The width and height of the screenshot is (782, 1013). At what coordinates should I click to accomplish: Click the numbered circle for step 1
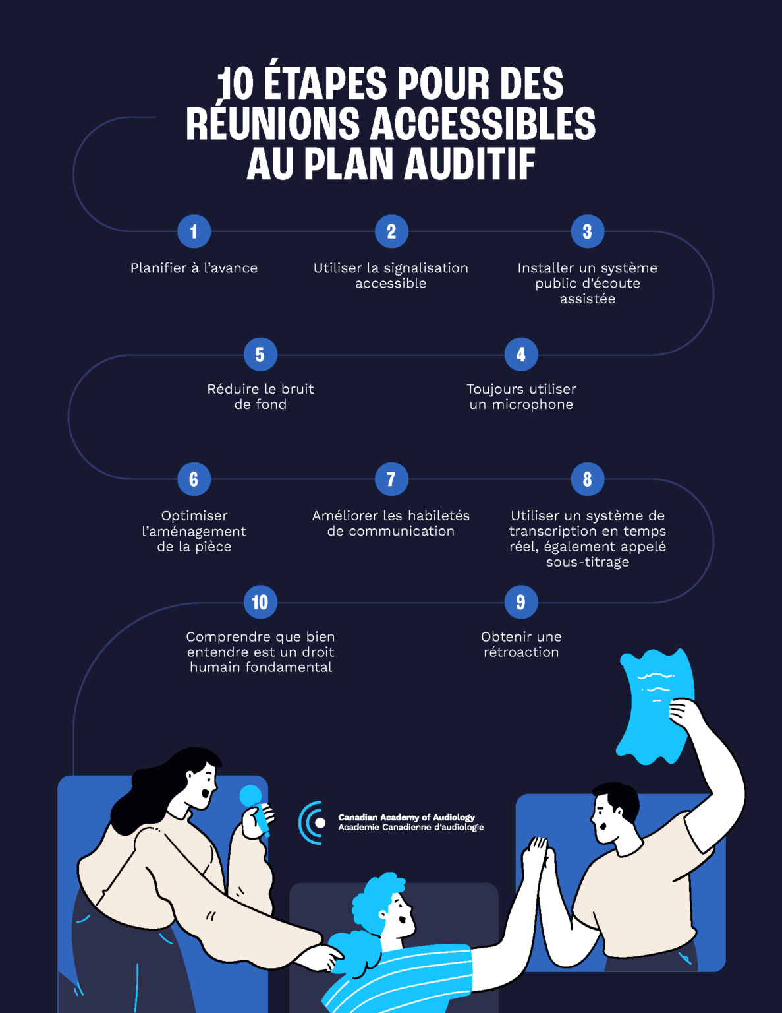pyautogui.click(x=194, y=231)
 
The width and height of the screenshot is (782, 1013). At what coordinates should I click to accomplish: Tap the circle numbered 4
pyautogui.click(x=521, y=354)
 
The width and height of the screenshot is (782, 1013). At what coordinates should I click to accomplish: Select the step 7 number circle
pyautogui.click(x=391, y=479)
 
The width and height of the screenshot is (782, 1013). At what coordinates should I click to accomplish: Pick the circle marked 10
pyautogui.click(x=260, y=602)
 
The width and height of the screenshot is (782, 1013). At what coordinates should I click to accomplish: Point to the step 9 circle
pyautogui.click(x=521, y=602)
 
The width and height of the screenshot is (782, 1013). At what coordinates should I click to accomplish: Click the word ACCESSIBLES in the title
pyautogui.click(x=483, y=123)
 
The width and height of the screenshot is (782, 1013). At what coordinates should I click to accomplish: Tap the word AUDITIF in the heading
pyautogui.click(x=469, y=164)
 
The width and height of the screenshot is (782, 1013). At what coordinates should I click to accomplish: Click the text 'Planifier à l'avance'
pyautogui.click(x=194, y=268)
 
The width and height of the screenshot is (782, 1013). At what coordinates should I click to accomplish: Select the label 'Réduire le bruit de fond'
pyautogui.click(x=260, y=397)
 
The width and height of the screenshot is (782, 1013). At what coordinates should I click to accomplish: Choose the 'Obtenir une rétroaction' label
pyautogui.click(x=521, y=644)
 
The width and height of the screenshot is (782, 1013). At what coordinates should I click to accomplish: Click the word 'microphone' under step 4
pyautogui.click(x=532, y=405)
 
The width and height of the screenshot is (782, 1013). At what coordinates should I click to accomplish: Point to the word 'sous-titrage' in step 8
pyautogui.click(x=588, y=562)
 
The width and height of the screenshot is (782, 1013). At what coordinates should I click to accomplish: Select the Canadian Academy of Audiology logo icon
pyautogui.click(x=312, y=823)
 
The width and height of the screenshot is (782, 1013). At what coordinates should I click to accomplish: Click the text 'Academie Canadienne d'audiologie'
pyautogui.click(x=410, y=828)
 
